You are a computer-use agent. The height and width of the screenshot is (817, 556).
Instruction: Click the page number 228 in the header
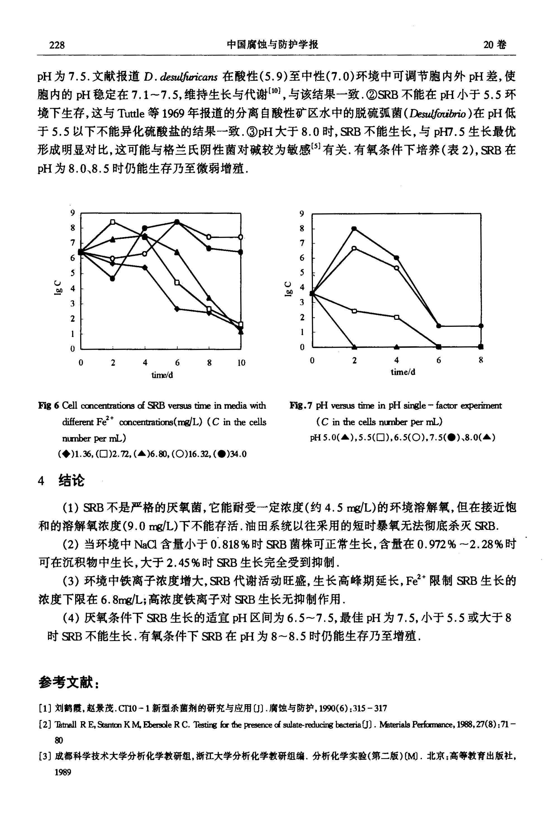[x=57, y=45]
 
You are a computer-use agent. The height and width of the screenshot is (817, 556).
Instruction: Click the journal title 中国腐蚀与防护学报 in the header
[x=272, y=45]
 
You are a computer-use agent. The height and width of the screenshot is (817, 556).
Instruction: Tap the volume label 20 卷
[x=495, y=45]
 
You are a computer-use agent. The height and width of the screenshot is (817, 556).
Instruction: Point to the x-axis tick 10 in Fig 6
[x=241, y=363]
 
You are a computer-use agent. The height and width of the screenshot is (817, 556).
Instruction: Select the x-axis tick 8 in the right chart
[x=481, y=360]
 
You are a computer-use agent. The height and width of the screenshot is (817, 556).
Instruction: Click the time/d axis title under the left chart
[x=162, y=375]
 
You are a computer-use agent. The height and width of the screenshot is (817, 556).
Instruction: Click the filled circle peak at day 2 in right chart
[x=354, y=228]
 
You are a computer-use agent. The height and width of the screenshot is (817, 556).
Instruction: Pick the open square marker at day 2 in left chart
[x=113, y=222]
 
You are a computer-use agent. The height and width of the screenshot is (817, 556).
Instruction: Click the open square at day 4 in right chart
[x=396, y=317]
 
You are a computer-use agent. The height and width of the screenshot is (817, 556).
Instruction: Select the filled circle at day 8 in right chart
[x=481, y=326]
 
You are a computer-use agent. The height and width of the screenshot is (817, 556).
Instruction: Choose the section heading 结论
[x=72, y=480]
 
